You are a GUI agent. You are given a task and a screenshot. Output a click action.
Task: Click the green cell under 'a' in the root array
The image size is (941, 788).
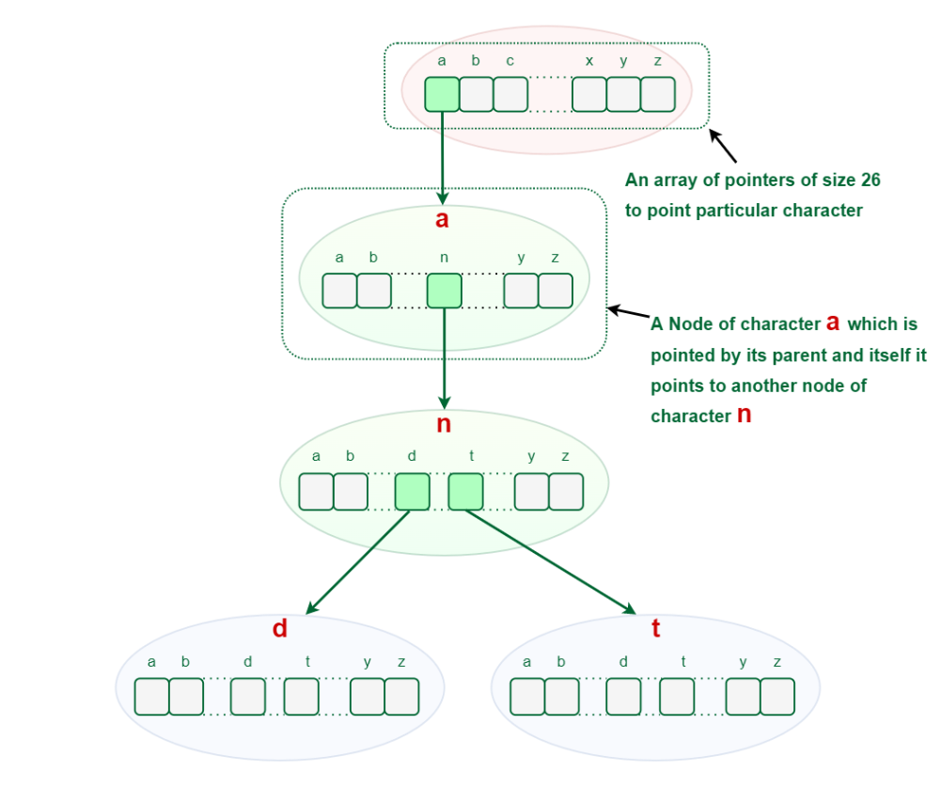[442, 95]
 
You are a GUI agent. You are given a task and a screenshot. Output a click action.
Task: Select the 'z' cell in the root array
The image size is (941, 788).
[658, 95]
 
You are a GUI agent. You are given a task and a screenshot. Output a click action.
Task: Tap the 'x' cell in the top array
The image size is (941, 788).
[589, 95]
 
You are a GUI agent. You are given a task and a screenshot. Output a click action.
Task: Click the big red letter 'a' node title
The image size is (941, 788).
[442, 221]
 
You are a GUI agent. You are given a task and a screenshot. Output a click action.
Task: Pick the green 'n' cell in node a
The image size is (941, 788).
[444, 291]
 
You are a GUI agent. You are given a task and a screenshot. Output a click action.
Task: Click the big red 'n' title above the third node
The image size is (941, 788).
[444, 424]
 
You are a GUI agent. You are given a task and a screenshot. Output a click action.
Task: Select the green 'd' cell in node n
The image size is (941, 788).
[412, 492]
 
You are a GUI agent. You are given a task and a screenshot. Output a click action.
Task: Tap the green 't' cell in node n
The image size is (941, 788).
[465, 492]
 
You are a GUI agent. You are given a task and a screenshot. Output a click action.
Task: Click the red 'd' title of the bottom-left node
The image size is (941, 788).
[279, 629]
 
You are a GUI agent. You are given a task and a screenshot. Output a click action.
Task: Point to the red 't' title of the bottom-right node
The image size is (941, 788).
[655, 629]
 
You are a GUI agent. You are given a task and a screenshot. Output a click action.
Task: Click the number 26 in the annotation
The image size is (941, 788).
[870, 180]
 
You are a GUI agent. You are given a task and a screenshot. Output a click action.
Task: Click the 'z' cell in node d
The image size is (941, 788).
[401, 696]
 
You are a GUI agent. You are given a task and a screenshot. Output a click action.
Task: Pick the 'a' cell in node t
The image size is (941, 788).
[526, 696]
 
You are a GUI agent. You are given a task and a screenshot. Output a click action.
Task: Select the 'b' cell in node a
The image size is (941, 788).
[374, 291]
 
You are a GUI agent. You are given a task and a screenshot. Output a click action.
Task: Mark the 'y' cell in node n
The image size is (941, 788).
[531, 492]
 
